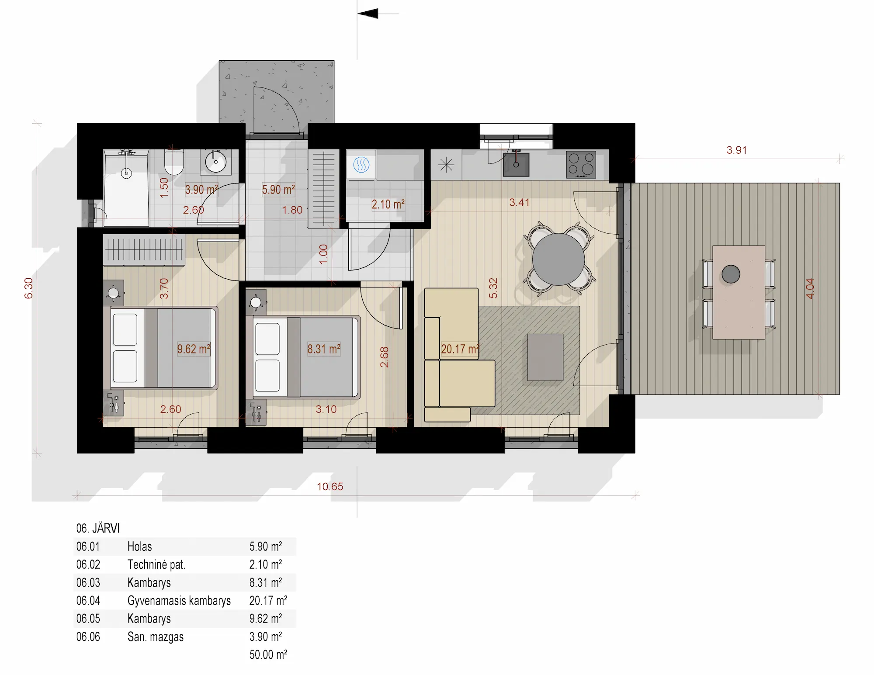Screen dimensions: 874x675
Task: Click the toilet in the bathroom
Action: point(173,162)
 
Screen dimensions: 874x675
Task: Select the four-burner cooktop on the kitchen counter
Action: point(581,164)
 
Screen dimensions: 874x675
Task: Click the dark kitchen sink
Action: point(516,164)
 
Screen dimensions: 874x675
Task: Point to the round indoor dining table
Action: point(558,259)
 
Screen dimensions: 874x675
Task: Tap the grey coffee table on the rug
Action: point(545,357)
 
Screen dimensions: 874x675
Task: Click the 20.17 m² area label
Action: point(460,349)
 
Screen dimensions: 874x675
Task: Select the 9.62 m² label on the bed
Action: point(194,349)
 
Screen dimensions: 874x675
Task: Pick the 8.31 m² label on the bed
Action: point(324,349)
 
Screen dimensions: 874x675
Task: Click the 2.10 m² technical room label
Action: point(388,204)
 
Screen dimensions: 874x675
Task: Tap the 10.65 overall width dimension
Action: point(330,486)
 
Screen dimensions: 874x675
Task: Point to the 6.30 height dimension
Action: point(28,288)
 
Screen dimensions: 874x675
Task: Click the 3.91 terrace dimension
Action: point(736,150)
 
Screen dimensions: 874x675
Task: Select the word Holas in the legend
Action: point(140,547)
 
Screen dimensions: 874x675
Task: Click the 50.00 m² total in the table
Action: point(268,654)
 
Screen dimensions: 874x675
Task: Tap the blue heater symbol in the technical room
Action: point(361,165)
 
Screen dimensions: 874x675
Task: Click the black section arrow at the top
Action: point(368,14)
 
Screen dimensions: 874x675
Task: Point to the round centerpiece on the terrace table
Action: point(731,274)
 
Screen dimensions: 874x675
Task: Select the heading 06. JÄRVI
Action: point(98,528)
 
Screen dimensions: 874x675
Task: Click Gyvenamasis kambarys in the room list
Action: point(179,601)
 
